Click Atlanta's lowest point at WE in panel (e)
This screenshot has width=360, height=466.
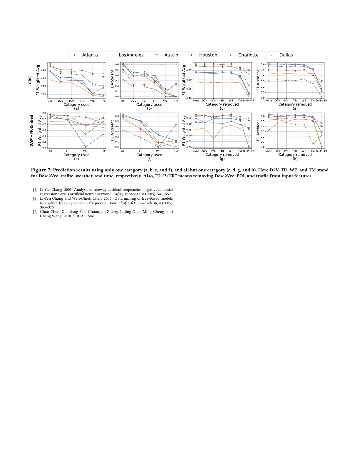[86, 147]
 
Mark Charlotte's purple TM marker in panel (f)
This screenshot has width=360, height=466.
[176, 125]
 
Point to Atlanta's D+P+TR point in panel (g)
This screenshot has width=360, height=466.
[249, 147]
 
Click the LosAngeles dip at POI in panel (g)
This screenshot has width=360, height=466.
[214, 139]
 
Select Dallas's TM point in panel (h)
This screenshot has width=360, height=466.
[313, 144]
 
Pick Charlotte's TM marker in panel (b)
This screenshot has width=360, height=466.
[176, 84]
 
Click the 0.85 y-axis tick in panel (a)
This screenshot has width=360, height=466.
[43, 70]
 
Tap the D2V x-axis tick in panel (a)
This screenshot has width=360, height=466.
[61, 101]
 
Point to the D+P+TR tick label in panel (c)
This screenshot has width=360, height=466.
[249, 101]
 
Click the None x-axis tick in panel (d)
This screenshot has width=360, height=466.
[269, 101]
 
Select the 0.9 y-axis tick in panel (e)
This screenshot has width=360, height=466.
[44, 113]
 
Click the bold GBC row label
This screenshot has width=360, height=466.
[30, 80]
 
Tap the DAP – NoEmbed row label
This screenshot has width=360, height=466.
[31, 131]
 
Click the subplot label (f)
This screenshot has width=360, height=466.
[149, 159]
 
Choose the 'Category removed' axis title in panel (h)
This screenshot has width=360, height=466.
[295, 155]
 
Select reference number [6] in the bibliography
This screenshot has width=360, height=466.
[35, 198]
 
